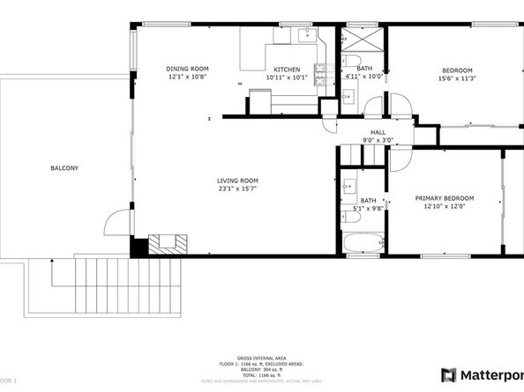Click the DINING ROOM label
pos(187,69)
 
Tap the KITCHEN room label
pos(286,70)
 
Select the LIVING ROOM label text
pos(237,181)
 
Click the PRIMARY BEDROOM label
pos(445,198)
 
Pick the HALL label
pos(378,132)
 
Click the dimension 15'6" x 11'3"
pos(457,78)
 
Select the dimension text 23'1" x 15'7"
pos(237,189)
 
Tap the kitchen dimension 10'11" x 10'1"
pos(286,78)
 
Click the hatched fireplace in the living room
pos(167,244)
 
